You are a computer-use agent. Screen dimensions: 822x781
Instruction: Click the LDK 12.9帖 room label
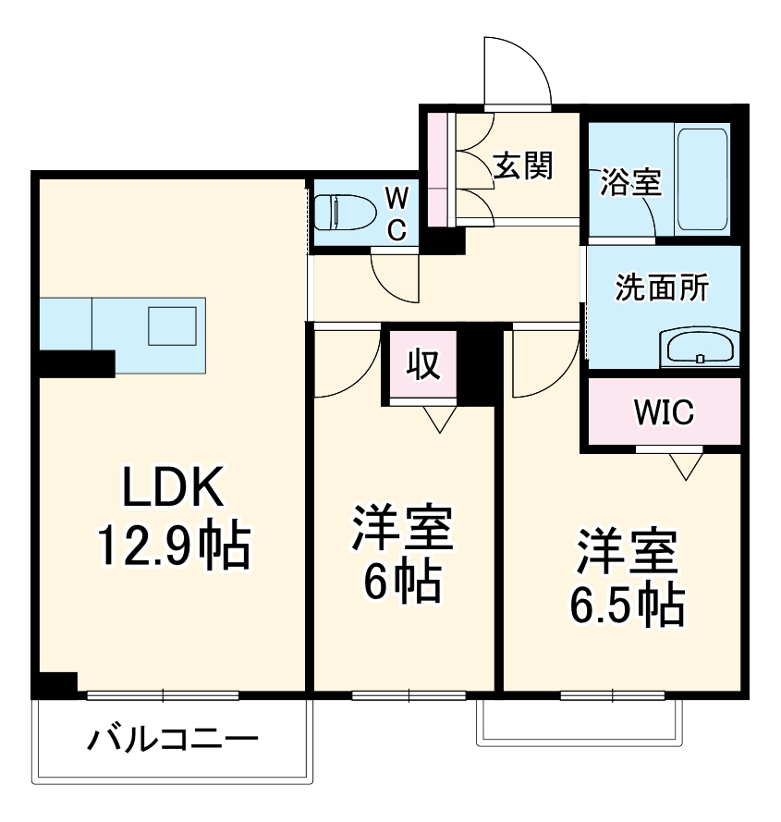[x=175, y=518]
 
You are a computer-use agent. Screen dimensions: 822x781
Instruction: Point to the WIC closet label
[x=663, y=412]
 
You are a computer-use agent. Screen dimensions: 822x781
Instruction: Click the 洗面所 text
[x=662, y=288]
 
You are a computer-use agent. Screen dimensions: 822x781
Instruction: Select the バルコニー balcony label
[x=173, y=740]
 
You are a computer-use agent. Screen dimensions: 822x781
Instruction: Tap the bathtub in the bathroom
[x=702, y=179]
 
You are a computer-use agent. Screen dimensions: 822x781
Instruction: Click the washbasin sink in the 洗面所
[x=700, y=350]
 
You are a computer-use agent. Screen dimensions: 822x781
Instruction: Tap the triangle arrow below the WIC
[x=685, y=466]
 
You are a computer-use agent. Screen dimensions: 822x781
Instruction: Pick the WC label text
[x=396, y=214]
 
